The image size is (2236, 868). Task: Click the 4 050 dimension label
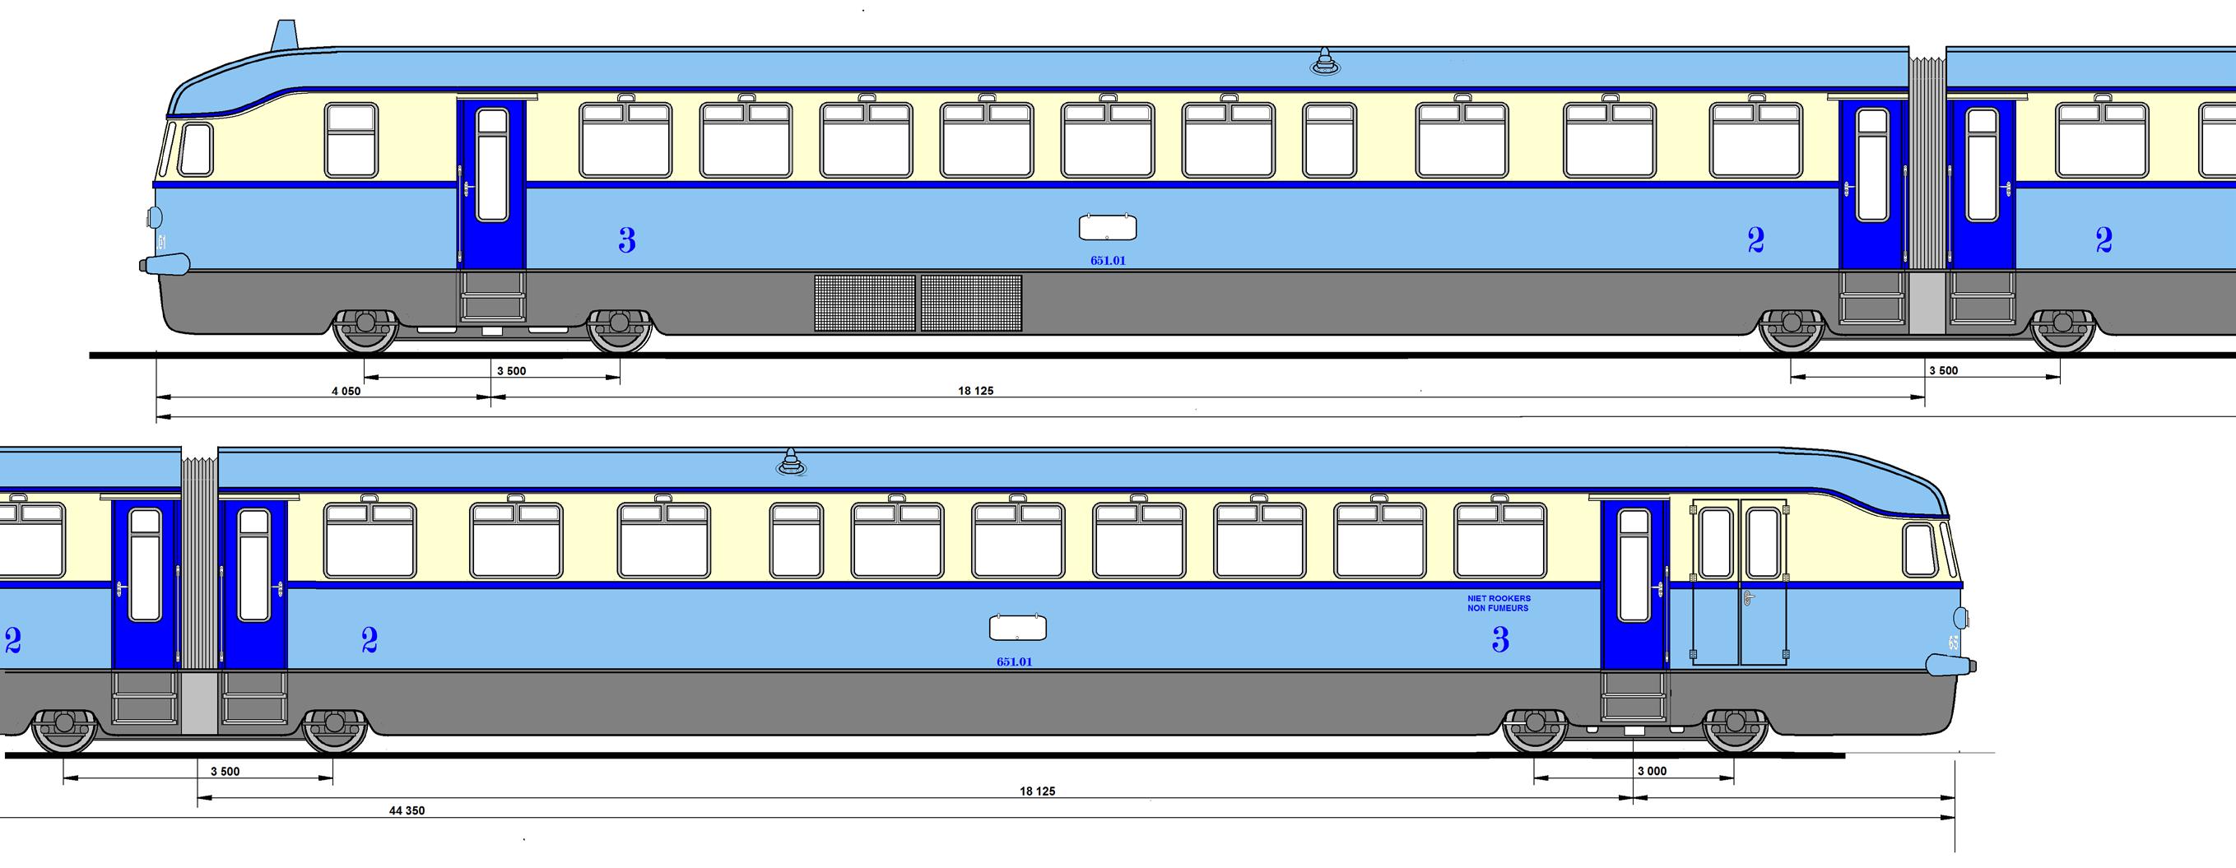346,392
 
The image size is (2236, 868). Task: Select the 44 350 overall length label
407,810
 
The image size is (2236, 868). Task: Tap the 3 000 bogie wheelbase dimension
1652,771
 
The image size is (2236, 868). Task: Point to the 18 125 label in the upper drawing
976,392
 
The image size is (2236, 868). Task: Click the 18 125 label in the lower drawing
1037,791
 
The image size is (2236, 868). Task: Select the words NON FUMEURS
1497,609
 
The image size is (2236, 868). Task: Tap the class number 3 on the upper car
627,239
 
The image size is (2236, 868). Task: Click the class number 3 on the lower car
1500,641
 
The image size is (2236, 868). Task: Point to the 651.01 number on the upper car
1109,260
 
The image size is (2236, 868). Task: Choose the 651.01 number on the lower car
1014,662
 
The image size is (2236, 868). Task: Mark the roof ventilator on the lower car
790,462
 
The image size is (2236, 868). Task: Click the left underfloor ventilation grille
865,302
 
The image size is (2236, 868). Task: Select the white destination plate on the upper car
1108,227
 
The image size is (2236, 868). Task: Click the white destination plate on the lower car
1017,628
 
